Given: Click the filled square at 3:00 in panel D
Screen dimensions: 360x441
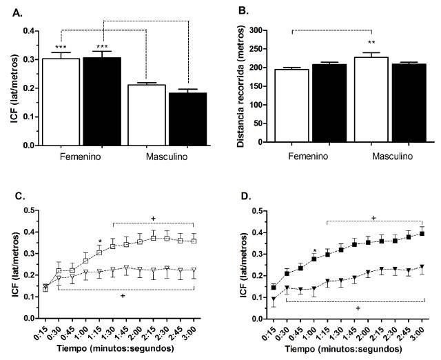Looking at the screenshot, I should pos(422,233).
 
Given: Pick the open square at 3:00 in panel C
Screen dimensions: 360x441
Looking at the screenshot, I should pos(194,241).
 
